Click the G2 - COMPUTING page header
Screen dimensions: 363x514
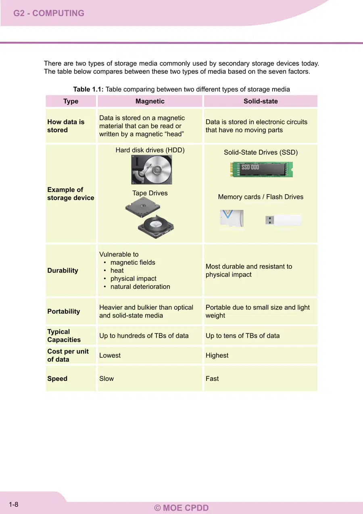tap(49, 13)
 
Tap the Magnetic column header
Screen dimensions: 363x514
tap(150, 101)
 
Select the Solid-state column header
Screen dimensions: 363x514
tap(261, 101)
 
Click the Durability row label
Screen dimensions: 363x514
tap(63, 270)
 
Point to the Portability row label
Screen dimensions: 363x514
tap(64, 311)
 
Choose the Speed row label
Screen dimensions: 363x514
tap(57, 378)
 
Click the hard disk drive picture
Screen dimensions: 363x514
tap(151, 169)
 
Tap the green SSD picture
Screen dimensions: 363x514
tap(261, 169)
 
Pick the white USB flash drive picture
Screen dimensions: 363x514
tap(284, 220)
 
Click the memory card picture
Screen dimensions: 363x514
tap(232, 218)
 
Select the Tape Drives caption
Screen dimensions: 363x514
tap(150, 193)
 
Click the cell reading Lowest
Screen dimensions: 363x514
tap(110, 355)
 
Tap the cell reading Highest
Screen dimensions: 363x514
tap(217, 355)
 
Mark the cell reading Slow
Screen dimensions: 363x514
tap(106, 378)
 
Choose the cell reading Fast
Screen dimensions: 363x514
tap(212, 378)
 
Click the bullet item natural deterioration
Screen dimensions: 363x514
tap(140, 286)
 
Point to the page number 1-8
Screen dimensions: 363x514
tap(14, 504)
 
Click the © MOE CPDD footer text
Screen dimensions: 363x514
tap(181, 508)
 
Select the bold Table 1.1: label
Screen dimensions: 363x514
tap(88, 89)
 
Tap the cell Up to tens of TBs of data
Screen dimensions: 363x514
tap(242, 336)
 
